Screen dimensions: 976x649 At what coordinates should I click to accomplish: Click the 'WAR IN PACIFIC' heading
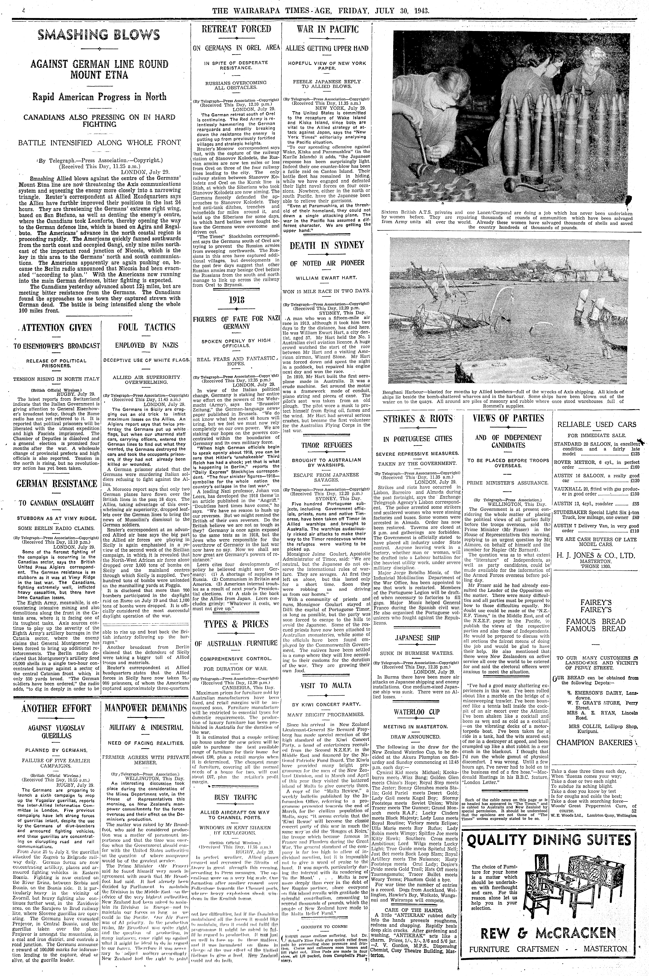327,29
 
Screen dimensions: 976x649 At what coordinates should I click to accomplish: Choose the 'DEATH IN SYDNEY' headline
327,245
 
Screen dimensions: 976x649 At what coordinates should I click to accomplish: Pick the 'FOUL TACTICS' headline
147,327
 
